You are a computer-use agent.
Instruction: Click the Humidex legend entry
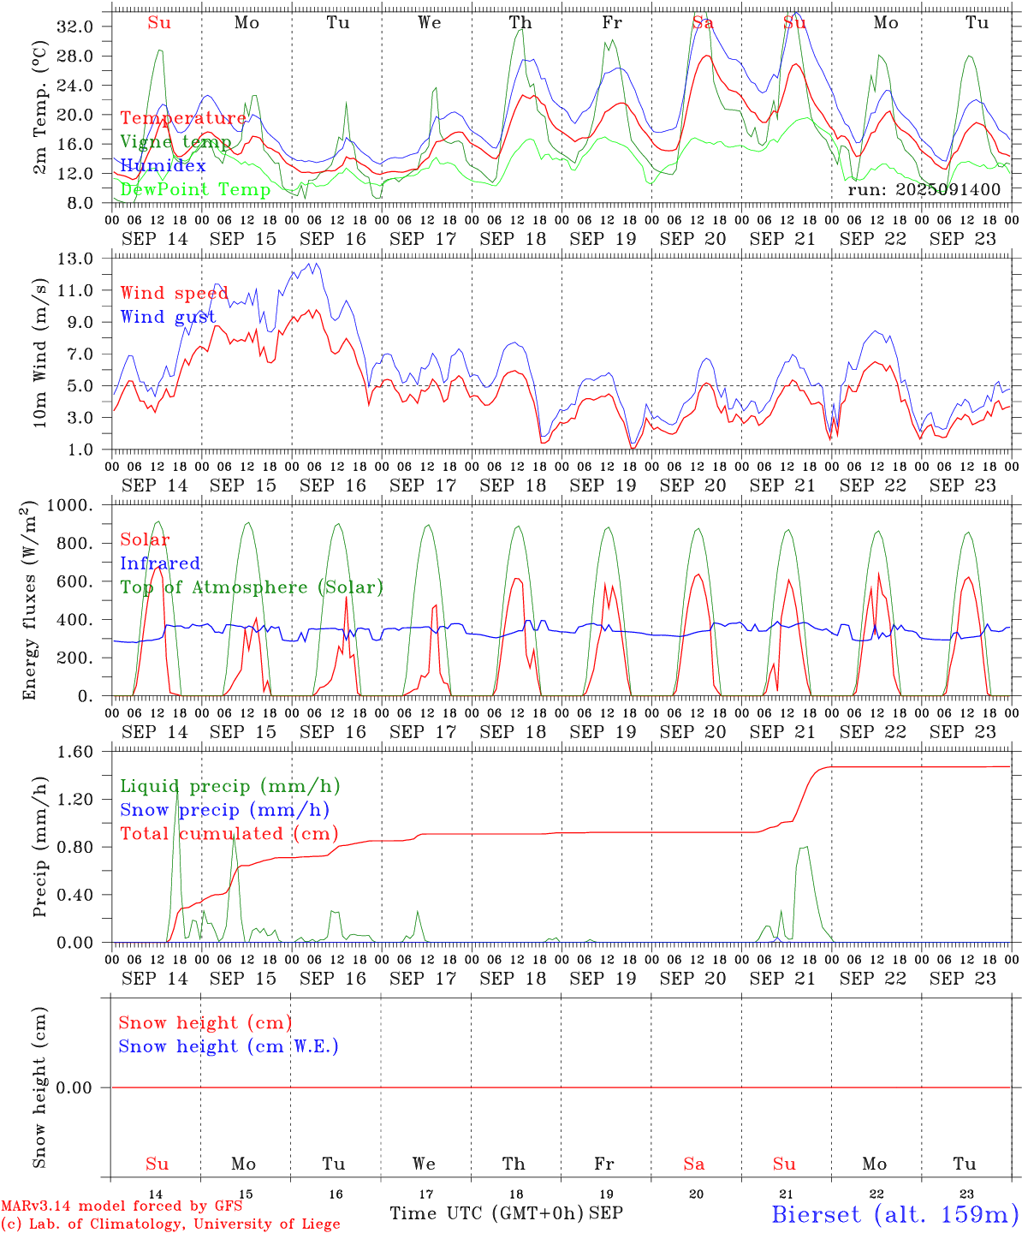[x=163, y=166]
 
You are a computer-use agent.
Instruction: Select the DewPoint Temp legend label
[x=195, y=189]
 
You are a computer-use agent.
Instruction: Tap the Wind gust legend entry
[x=168, y=317]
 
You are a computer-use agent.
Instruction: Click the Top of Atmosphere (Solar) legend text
[x=251, y=587]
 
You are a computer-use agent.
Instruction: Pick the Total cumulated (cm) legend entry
[x=229, y=833]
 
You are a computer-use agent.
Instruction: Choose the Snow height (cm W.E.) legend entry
[x=228, y=1046]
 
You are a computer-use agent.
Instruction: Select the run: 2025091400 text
[x=924, y=189]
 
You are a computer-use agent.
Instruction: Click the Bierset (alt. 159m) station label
[x=894, y=1213]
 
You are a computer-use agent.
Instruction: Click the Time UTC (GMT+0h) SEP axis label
[x=506, y=1213]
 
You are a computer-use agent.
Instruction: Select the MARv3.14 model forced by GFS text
[x=122, y=1206]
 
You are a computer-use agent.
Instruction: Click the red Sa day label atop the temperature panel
[x=702, y=23]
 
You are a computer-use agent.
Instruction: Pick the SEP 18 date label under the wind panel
[x=513, y=485]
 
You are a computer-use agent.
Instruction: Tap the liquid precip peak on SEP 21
[x=805, y=847]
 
